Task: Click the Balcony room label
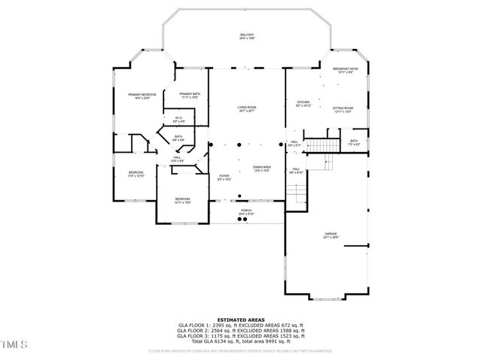point(246,37)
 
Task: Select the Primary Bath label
point(190,96)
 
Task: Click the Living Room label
point(246,111)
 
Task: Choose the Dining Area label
point(261,169)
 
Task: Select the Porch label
point(246,213)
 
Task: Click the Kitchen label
point(304,103)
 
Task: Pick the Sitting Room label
point(343,110)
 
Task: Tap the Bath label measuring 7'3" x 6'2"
point(353,142)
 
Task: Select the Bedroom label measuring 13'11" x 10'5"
point(182,201)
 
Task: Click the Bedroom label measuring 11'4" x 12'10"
point(136,174)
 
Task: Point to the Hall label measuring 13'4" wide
point(177,159)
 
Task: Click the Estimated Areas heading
point(240,320)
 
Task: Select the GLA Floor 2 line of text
point(240,330)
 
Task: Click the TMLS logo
point(14,345)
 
